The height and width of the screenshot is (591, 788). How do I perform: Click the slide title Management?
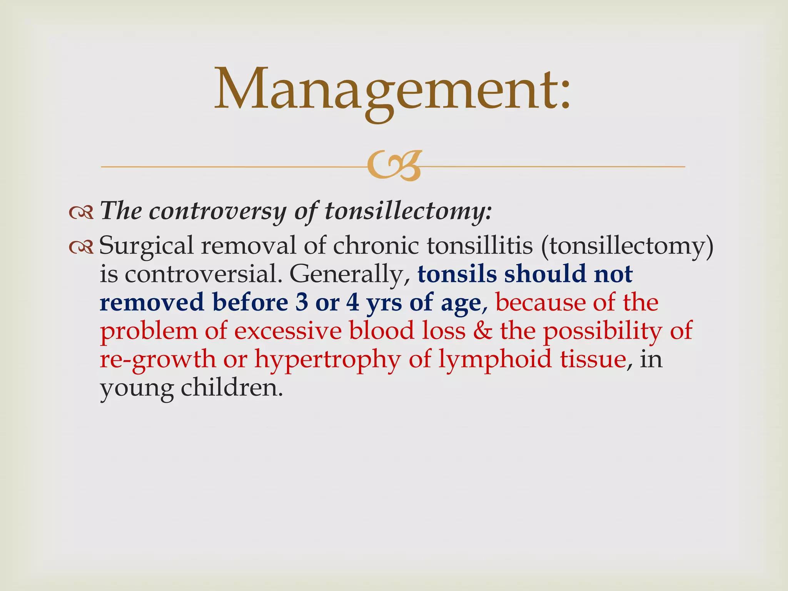point(392,90)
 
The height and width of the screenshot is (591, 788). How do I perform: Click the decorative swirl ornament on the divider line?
point(393,166)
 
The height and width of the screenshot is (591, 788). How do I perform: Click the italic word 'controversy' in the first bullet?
point(218,212)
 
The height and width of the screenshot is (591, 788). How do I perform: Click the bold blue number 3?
point(302,303)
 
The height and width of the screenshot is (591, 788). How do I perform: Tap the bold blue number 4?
point(352,303)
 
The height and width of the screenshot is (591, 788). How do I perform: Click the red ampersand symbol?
point(482,331)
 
